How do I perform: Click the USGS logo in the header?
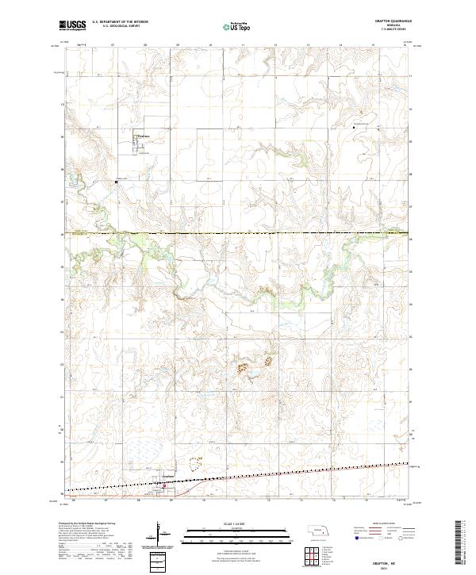[72, 25]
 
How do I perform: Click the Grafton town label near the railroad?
[167, 477]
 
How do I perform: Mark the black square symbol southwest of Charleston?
[117, 182]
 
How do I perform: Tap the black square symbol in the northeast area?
[354, 127]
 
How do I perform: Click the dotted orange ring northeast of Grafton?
[195, 462]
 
